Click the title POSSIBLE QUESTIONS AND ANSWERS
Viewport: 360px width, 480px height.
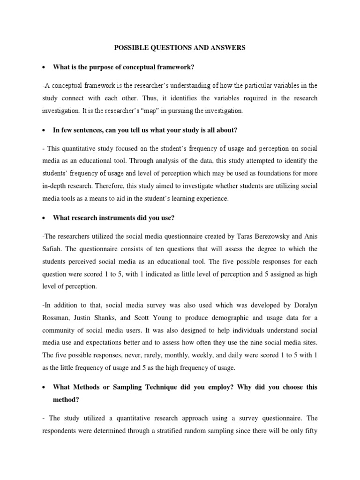pos(180,47)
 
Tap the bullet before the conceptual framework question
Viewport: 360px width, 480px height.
pos(44,67)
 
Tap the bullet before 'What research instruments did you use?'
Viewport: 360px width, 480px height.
pos(44,217)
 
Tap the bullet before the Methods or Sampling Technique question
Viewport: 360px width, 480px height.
pos(44,387)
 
